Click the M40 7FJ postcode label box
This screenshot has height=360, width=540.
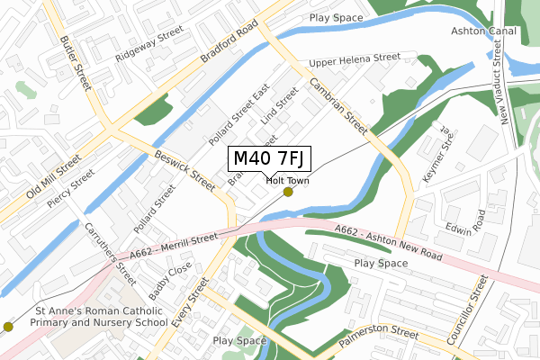tap(270, 158)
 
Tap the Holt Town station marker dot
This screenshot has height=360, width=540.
tap(288, 192)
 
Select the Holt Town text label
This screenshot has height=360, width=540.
tap(288, 180)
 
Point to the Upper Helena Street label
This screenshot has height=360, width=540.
tap(354, 59)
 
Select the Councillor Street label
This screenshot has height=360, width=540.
tap(479, 310)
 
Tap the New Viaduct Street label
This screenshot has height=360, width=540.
tap(503, 85)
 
